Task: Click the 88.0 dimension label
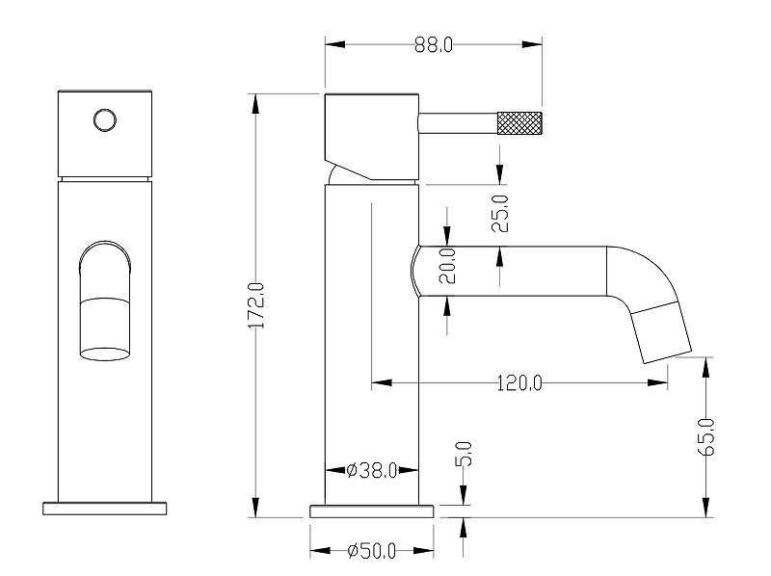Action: click(433, 44)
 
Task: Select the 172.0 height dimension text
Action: click(256, 305)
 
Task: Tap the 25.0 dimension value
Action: click(500, 213)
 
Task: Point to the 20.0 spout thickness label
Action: click(447, 266)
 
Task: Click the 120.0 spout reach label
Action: click(519, 382)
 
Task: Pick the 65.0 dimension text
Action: click(707, 437)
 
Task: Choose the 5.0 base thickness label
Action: click(465, 454)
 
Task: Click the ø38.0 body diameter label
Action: click(372, 470)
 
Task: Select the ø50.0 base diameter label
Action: click(371, 551)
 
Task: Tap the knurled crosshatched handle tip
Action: click(519, 123)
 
